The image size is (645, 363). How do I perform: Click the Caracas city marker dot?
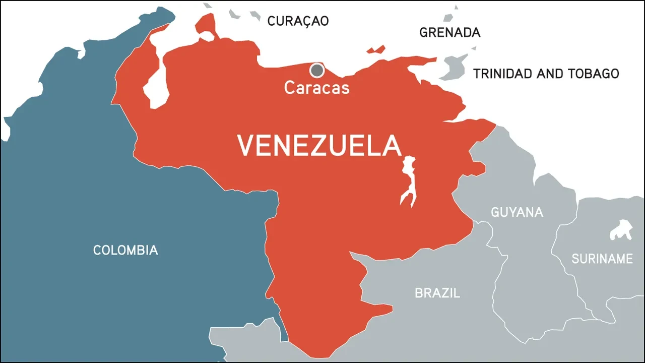click(x=317, y=70)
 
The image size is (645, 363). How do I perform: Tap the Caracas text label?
click(x=316, y=88)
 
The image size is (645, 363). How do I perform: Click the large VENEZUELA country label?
click(x=319, y=145)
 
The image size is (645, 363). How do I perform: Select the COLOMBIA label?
click(x=125, y=250)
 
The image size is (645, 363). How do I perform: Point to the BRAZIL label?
click(x=437, y=293)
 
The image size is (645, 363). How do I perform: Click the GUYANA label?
click(x=517, y=212)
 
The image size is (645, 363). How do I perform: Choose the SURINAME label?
click(x=602, y=259)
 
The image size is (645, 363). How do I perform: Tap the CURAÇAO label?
click(x=298, y=21)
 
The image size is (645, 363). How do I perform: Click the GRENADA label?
click(x=450, y=33)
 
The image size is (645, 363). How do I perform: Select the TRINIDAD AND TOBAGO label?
click(x=546, y=74)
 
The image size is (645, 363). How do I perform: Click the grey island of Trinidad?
click(x=450, y=68)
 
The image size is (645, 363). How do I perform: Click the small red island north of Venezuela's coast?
click(x=376, y=49)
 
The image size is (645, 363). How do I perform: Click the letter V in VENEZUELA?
click(x=245, y=145)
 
